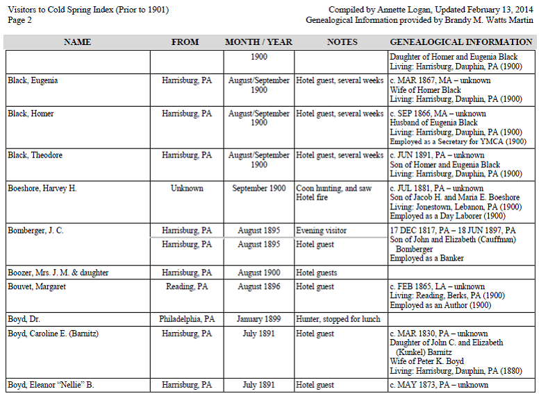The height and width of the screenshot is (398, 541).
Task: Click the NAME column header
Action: pyautogui.click(x=77, y=42)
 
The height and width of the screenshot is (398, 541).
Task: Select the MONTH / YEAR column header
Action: pyautogui.click(x=258, y=42)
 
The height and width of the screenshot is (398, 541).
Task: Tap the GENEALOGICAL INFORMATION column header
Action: pyautogui.click(x=461, y=42)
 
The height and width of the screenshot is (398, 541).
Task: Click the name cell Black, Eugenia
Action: pyautogui.click(x=33, y=80)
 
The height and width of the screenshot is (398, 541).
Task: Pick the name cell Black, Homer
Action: pyautogui.click(x=31, y=114)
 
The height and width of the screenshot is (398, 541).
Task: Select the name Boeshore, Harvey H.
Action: pyautogui.click(x=42, y=189)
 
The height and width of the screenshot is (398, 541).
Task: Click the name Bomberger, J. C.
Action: pyautogui.click(x=35, y=231)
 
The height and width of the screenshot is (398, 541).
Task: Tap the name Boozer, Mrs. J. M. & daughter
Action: pyautogui.click(x=58, y=272)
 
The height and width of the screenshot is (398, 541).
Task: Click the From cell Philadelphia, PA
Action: pyautogui.click(x=187, y=320)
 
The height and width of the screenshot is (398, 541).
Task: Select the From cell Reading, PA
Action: pyautogui.click(x=187, y=286)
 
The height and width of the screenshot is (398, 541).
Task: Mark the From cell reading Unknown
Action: pyautogui.click(x=187, y=189)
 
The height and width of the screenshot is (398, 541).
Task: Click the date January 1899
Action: pyautogui.click(x=258, y=320)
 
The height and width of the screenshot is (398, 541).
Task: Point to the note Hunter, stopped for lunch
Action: pyautogui.click(x=340, y=320)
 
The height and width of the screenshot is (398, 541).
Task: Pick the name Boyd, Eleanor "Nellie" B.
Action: pyautogui.click(x=51, y=385)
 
